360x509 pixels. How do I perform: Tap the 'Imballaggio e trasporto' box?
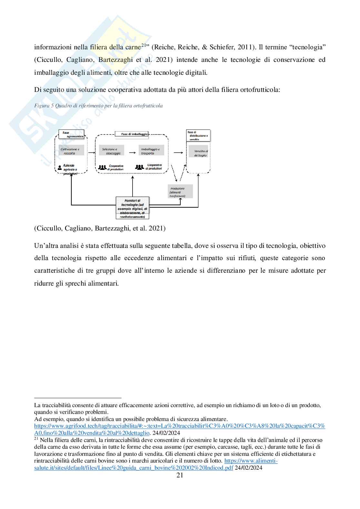tap(151, 150)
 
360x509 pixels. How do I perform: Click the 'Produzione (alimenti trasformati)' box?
tap(180, 191)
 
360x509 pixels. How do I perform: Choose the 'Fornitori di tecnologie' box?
tap(133, 208)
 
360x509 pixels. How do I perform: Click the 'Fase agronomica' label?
tap(71, 134)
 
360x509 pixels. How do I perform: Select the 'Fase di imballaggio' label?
tap(132, 134)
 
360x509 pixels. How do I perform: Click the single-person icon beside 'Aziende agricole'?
tap(60, 168)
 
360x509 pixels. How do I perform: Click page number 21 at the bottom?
tap(180, 476)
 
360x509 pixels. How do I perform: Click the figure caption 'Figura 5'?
tap(98, 106)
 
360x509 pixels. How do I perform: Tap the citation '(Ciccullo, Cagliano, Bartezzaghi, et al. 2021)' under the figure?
tap(100, 228)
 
